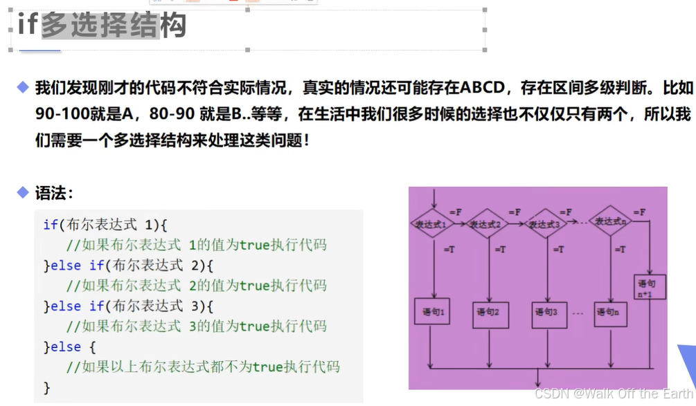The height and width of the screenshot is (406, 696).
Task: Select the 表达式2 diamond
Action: coord(488,224)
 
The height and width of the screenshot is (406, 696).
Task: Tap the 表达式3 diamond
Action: coord(545,224)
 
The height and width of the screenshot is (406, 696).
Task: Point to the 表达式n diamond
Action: coord(610,221)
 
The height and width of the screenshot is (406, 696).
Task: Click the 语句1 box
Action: coord(432,313)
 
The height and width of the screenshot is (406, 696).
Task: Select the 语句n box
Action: coord(609,313)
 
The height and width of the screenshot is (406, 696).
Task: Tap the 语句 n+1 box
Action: coord(650,287)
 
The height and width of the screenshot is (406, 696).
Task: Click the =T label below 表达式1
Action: coord(448,249)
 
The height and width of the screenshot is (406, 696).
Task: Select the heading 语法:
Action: coord(54,193)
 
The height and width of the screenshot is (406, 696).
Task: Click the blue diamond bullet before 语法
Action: coord(24,192)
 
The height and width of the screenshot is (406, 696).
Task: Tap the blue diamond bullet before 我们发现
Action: coord(24,87)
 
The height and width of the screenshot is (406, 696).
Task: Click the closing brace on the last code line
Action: coord(47,387)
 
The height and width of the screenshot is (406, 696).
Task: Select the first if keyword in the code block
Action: coord(51,225)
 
